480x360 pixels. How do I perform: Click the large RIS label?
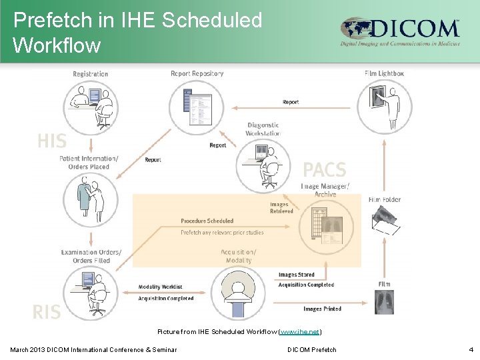(x=47, y=311)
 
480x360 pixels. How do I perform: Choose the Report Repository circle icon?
(x=196, y=103)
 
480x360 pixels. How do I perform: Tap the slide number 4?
(x=471, y=349)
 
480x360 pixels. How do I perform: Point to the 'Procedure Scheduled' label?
(x=207, y=221)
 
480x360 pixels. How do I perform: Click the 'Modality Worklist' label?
(x=160, y=287)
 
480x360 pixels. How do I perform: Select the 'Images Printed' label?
(x=322, y=309)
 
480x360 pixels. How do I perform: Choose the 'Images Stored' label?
(x=296, y=275)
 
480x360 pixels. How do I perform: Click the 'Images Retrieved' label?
(x=281, y=207)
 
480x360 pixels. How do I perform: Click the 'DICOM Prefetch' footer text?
(x=312, y=349)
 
